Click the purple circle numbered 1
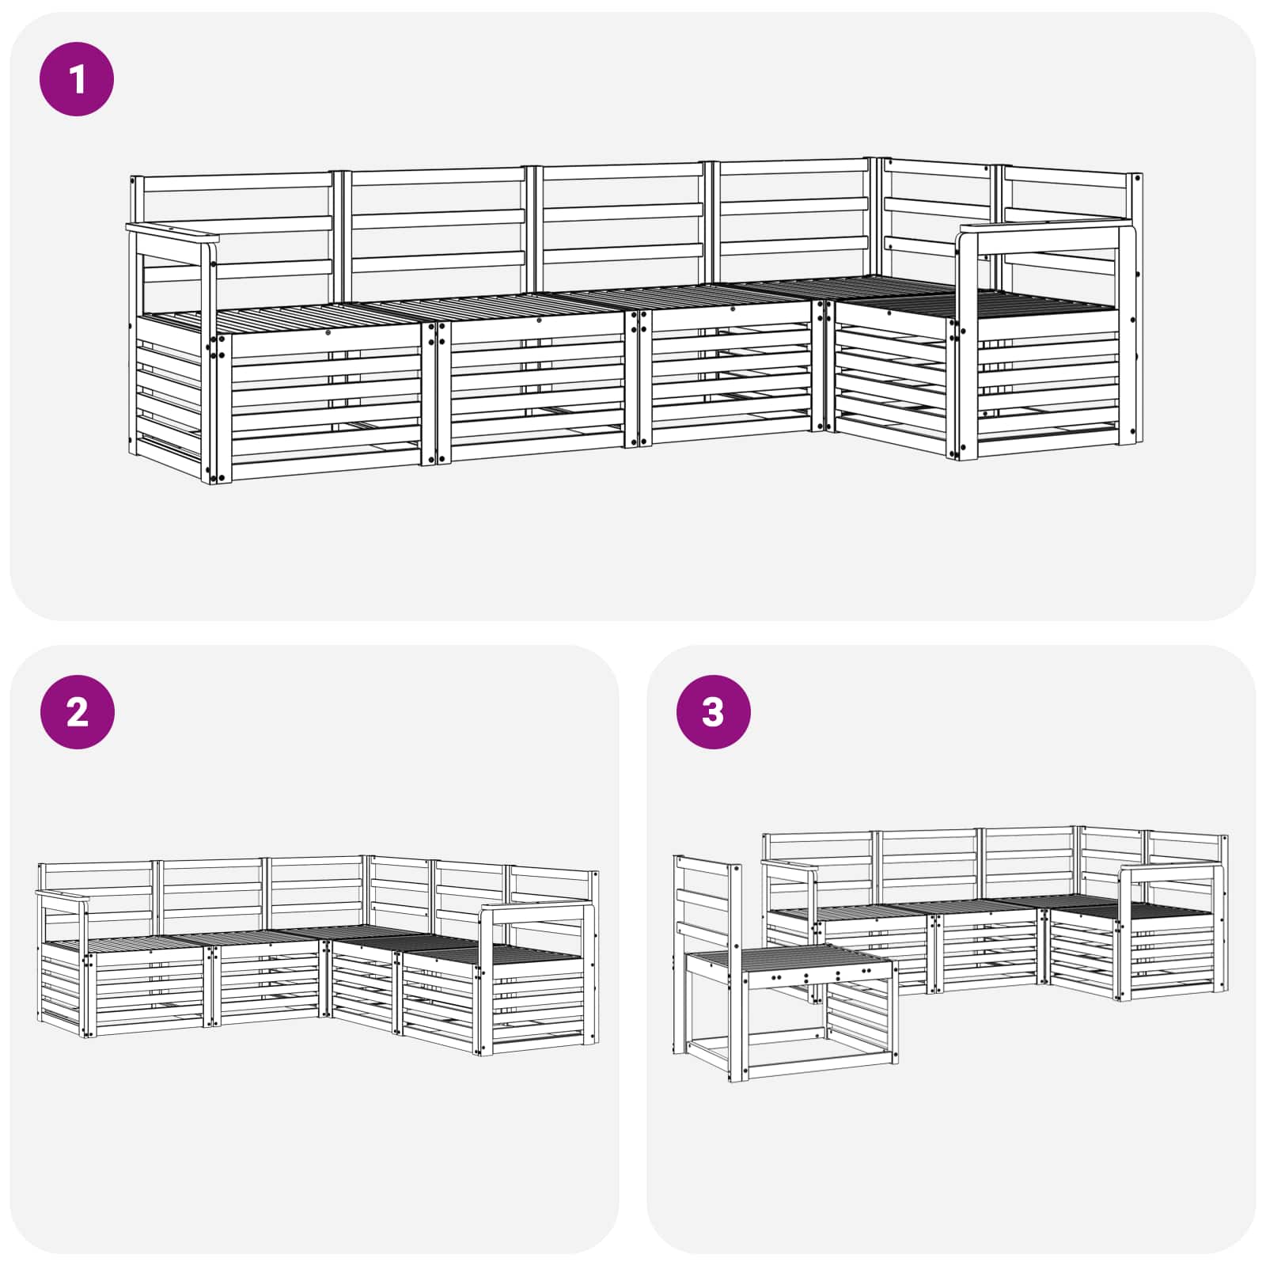tap(77, 79)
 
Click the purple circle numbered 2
tap(77, 712)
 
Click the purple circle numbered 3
tap(713, 712)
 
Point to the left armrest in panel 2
tap(63, 896)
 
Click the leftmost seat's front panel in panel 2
tap(146, 993)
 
